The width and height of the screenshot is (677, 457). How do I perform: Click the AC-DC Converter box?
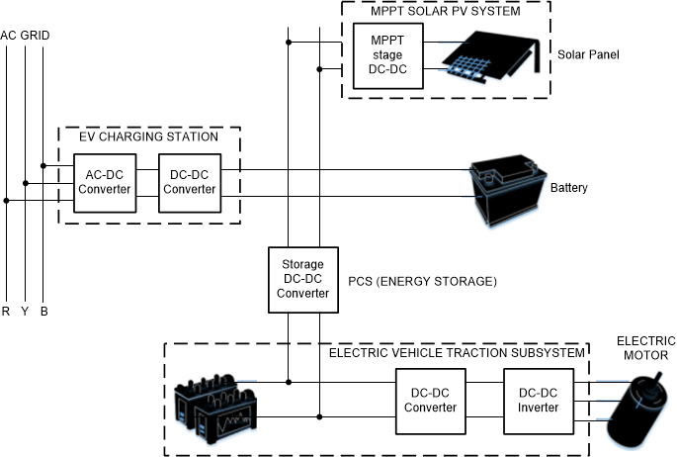click(103, 182)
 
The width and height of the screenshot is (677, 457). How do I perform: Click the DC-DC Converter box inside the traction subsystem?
click(431, 400)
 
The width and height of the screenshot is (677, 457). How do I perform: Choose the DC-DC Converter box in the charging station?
click(190, 182)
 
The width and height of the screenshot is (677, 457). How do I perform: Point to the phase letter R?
click(6, 313)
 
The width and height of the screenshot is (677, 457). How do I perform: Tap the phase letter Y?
click(25, 313)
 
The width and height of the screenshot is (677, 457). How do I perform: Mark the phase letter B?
click(43, 313)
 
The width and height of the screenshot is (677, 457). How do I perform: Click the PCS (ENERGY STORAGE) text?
click(422, 282)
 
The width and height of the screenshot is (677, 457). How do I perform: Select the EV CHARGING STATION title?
click(148, 137)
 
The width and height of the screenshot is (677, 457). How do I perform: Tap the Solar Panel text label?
click(588, 54)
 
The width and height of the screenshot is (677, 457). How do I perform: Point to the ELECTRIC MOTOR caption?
click(645, 347)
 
